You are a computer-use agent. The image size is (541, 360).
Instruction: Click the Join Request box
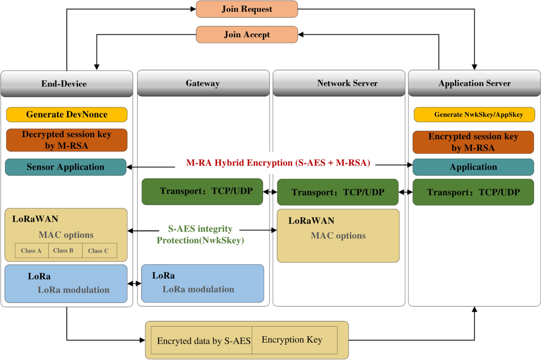click(x=247, y=9)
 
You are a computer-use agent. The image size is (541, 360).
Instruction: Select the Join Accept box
click(x=247, y=35)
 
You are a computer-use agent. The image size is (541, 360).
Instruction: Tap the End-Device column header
click(x=67, y=83)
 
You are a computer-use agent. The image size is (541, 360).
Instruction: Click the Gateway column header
click(x=203, y=83)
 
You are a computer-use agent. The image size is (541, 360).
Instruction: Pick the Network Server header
click(x=339, y=83)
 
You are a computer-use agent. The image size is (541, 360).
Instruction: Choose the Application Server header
click(x=474, y=83)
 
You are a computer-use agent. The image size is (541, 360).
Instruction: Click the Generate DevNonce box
click(x=67, y=115)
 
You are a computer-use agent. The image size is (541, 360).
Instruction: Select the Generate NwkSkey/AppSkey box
click(x=474, y=115)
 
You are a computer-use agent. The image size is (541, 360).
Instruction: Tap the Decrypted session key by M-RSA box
click(x=67, y=140)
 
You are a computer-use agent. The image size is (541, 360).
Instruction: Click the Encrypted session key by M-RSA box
click(x=473, y=142)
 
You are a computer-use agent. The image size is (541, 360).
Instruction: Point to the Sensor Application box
click(x=65, y=167)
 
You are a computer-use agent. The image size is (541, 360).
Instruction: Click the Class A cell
click(x=32, y=251)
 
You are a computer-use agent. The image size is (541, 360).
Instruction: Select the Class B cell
click(x=65, y=251)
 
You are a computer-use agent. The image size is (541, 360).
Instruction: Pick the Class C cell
click(x=99, y=251)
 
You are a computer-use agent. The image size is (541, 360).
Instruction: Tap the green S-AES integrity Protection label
click(x=200, y=235)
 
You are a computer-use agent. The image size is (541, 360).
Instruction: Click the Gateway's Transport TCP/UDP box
click(x=202, y=191)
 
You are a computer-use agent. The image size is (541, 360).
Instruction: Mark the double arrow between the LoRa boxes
click(x=134, y=284)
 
